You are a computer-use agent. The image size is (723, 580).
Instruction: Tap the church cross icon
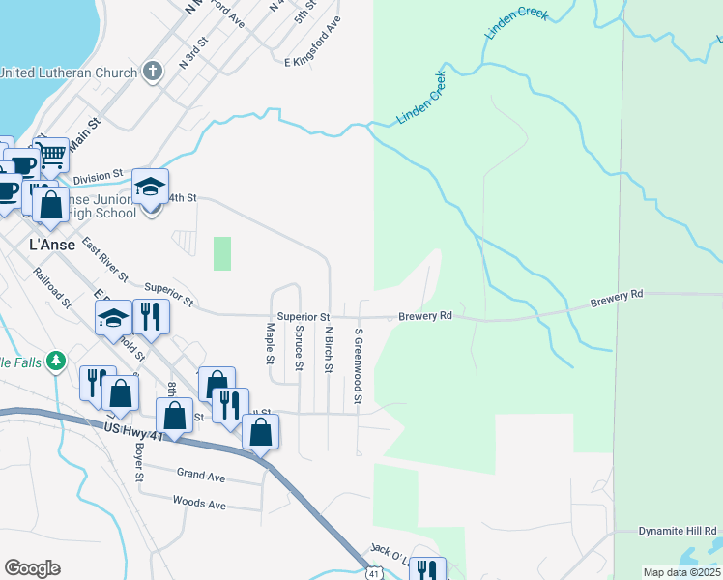pos(152,72)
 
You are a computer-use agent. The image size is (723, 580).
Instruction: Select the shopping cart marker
pos(52,155)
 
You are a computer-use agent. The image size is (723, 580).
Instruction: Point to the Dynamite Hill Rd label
pos(678,531)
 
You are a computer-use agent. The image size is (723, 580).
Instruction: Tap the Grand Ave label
pos(200,475)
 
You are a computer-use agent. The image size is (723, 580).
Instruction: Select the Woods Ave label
pos(198,504)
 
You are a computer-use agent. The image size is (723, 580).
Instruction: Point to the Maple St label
pos(270,343)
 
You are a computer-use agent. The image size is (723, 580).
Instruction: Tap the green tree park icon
pos(56,362)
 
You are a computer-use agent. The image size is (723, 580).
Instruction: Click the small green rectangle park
pos(222,253)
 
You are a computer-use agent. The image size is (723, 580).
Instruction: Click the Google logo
pos(32,568)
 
